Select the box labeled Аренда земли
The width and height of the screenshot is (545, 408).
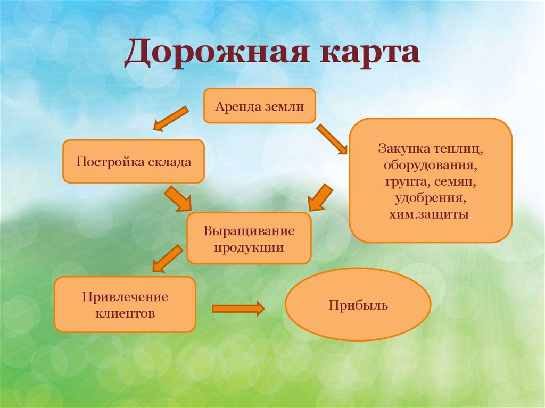pos(260,106)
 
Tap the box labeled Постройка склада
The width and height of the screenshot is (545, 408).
pos(134,161)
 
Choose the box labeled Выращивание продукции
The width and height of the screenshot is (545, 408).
pos(249,238)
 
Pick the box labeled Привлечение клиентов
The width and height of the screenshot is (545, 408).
pos(125,304)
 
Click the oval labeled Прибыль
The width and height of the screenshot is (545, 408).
pos(358,304)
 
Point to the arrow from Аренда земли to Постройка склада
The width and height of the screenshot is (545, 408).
pos(171,118)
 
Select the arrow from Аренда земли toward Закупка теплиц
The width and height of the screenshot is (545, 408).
pos(331,139)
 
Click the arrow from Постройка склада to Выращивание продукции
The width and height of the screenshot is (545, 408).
pos(178,198)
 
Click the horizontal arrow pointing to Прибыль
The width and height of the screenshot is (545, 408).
pos(238,308)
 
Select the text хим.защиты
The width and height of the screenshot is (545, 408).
pos(431,215)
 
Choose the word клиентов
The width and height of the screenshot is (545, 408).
pos(125,313)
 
